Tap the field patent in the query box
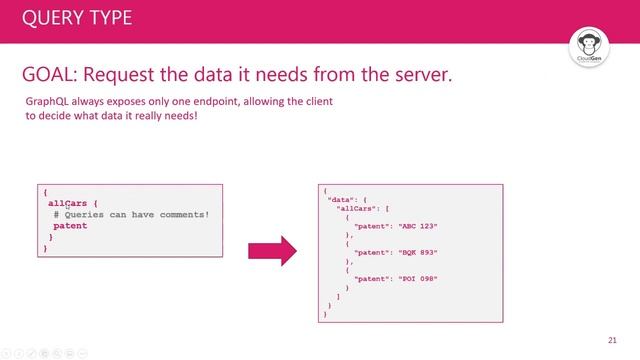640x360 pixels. click(70, 226)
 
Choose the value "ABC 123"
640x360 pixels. click(419, 226)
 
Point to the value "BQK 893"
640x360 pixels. click(419, 252)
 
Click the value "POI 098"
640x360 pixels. click(419, 278)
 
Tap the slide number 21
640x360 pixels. click(612, 337)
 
